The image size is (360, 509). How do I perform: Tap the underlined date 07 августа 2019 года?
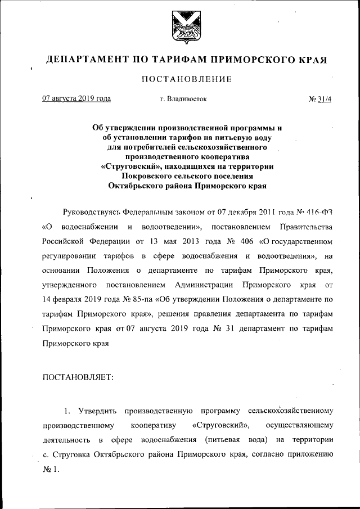(x=76, y=99)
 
